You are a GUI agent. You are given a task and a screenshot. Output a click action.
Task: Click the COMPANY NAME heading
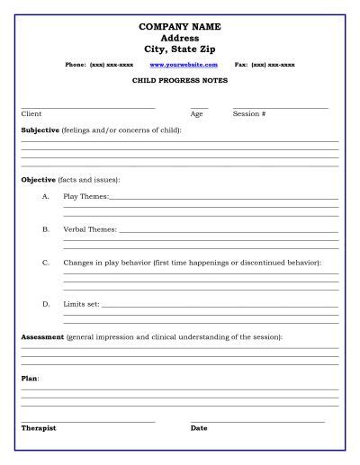point(180,28)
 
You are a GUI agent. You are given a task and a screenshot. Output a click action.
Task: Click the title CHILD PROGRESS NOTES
point(180,81)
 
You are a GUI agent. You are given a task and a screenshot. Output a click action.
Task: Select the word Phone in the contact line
point(76,65)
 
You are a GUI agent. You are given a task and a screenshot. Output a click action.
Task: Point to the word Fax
point(240,65)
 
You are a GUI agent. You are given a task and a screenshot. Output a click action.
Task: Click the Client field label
point(31,114)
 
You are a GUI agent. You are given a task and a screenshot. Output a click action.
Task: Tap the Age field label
point(196,114)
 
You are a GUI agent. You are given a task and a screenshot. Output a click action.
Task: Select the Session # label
point(249,114)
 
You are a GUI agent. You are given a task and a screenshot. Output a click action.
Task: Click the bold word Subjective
point(40,130)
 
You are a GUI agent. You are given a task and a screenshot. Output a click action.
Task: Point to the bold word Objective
point(38,180)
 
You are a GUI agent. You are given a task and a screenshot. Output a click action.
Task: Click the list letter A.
point(45,196)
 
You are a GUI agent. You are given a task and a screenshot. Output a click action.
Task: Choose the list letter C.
point(45,263)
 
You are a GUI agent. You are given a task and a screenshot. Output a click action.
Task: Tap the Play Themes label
point(85,196)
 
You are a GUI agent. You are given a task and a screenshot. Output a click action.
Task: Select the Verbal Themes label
point(89,229)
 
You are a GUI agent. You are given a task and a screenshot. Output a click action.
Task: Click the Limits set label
point(81,304)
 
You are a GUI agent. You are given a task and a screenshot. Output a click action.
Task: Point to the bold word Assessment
point(42,336)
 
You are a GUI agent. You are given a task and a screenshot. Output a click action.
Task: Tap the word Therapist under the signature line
point(38,428)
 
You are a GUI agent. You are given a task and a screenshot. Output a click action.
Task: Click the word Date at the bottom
point(199,428)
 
